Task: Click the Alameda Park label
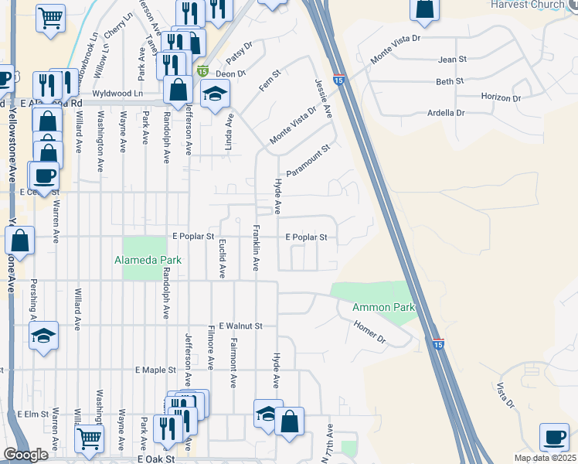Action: click(x=148, y=261)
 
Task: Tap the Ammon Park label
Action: click(x=384, y=308)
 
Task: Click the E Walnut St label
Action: click(x=241, y=326)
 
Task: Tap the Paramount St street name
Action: click(x=308, y=160)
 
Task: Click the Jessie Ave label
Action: click(x=323, y=99)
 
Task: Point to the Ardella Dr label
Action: click(x=446, y=113)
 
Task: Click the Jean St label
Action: click(x=452, y=60)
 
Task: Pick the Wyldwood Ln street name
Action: click(x=117, y=94)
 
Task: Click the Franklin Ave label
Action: click(x=254, y=248)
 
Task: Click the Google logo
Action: click(x=26, y=455)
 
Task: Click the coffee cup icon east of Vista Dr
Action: click(x=554, y=437)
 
